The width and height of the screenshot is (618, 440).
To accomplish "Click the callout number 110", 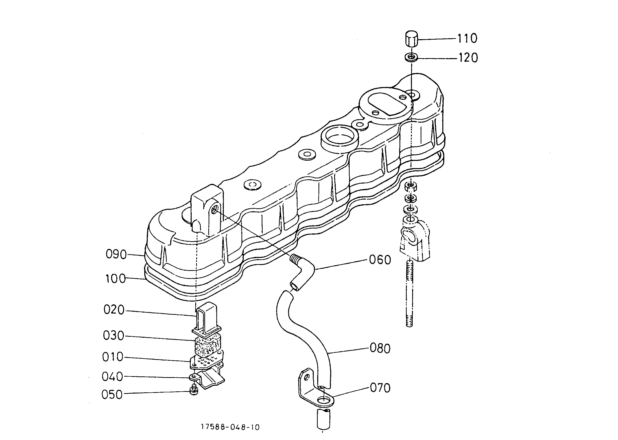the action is point(467,38).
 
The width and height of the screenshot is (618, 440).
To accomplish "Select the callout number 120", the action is point(468,58).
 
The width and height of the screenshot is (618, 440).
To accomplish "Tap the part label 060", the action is point(380,260).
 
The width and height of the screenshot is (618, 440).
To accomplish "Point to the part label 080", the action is point(380,348).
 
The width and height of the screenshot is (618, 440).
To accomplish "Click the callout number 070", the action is point(380,388).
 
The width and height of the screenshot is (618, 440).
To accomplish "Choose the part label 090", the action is point(116,254).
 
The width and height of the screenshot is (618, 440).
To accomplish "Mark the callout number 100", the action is point(116,279).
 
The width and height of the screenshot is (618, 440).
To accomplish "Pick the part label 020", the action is point(114,310).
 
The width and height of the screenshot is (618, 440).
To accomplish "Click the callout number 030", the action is point(113,336).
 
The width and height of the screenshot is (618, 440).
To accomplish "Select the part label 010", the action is point(113,357).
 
